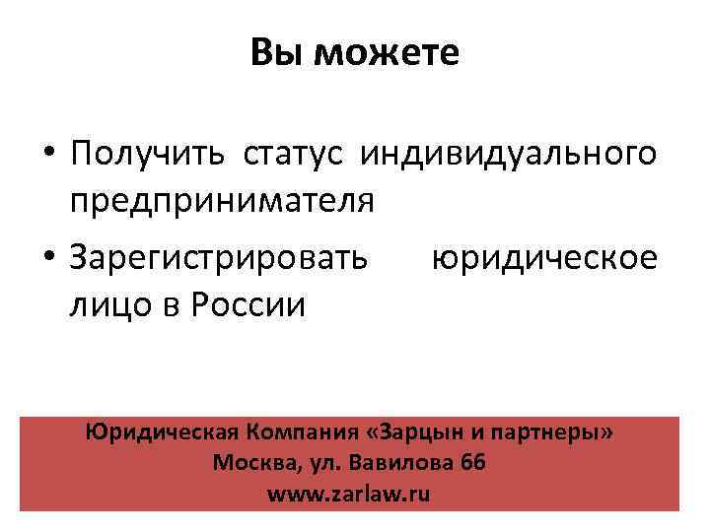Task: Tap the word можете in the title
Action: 387,53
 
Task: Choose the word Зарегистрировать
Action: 219,258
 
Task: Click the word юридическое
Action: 543,258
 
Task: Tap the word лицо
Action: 106,304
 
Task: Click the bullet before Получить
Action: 48,156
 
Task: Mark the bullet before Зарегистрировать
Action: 48,259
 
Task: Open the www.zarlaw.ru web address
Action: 349,494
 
